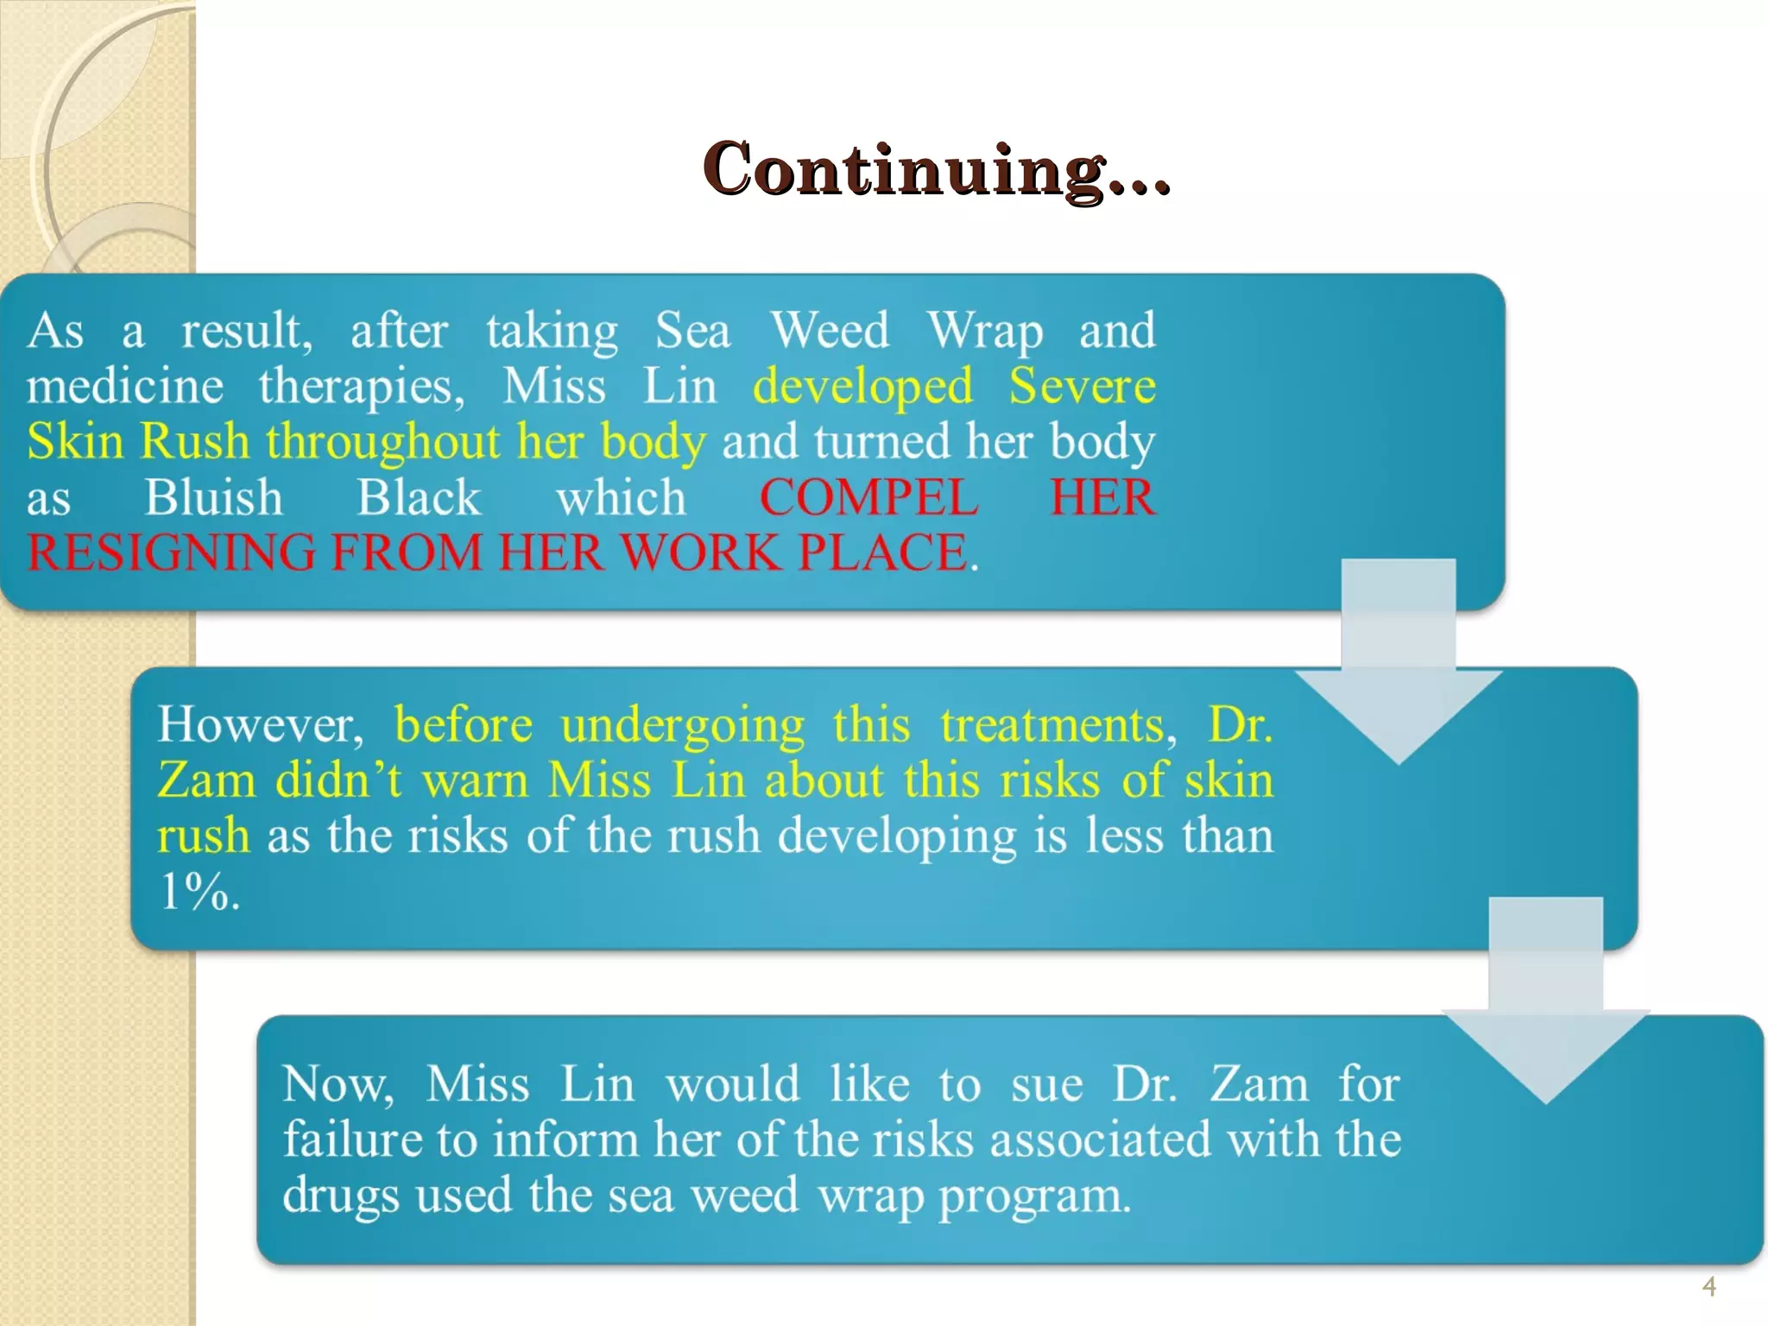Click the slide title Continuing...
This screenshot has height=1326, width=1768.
coord(936,169)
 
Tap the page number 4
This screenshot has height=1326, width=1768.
coord(1708,1287)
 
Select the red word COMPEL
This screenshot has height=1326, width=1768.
coord(868,498)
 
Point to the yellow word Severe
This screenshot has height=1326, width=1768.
coord(1082,386)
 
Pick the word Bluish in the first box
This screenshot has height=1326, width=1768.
coord(213,498)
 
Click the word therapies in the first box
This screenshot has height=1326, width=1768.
coord(361,386)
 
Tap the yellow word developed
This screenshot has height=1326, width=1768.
coord(862,386)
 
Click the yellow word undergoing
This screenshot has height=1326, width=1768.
coord(682,724)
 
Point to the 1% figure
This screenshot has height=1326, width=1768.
coord(199,891)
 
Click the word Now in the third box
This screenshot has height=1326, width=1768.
coord(338,1084)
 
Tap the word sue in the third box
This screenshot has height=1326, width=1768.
coord(1046,1084)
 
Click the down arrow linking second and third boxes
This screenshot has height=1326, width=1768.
coord(1545,1001)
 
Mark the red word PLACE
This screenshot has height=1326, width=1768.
coord(887,553)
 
